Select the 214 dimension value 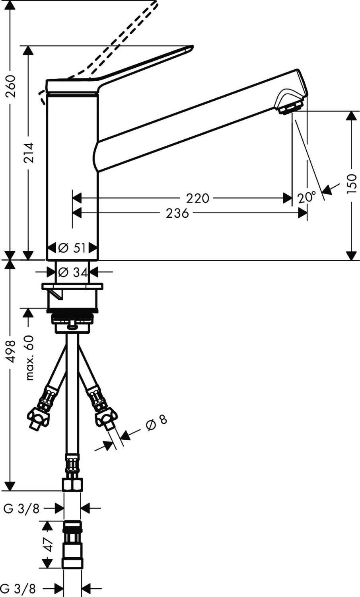(29, 153)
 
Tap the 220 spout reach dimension (197, 198)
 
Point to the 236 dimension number (177, 213)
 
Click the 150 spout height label (352, 184)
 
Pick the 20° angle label (306, 198)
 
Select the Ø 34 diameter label (72, 272)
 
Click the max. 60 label (29, 357)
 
